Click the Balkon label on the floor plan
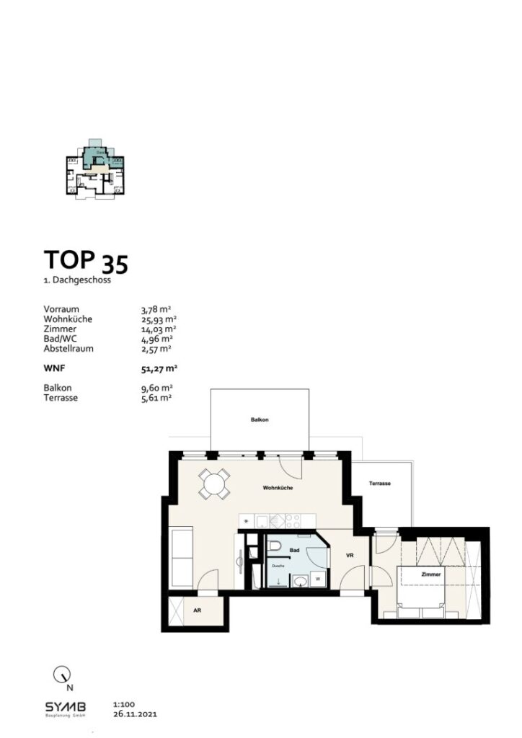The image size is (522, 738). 260,419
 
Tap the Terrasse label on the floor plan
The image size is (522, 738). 379,484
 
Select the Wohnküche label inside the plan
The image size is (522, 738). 277,488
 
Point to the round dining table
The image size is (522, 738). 215,484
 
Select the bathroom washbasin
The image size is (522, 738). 301,582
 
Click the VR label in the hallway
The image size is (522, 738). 349,556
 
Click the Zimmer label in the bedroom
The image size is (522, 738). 432,574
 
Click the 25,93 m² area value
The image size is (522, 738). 159,319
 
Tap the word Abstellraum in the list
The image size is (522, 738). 68,348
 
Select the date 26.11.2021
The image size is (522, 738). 135,715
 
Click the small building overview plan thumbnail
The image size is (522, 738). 94,170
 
